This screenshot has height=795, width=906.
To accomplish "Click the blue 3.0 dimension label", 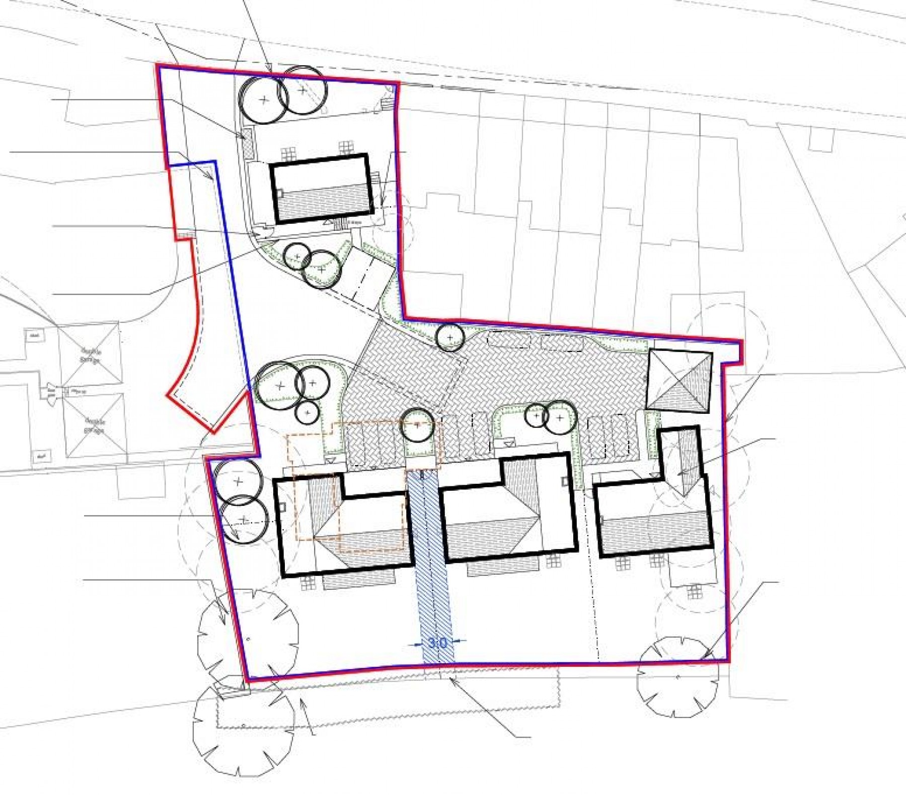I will pyautogui.click(x=437, y=642).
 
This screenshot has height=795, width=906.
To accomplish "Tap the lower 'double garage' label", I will pyautogui.click(x=94, y=426).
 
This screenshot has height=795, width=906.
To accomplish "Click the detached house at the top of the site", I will pyautogui.click(x=321, y=188).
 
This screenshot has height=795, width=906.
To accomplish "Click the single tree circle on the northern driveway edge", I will pyautogui.click(x=449, y=337).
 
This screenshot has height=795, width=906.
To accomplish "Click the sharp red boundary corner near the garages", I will pyautogui.click(x=213, y=432).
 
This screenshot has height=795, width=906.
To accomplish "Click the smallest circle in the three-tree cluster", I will pyautogui.click(x=307, y=413).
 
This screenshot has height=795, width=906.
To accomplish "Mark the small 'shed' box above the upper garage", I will pyautogui.click(x=35, y=335).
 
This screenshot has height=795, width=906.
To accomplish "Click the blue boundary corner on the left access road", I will pyautogui.click(x=215, y=162).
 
